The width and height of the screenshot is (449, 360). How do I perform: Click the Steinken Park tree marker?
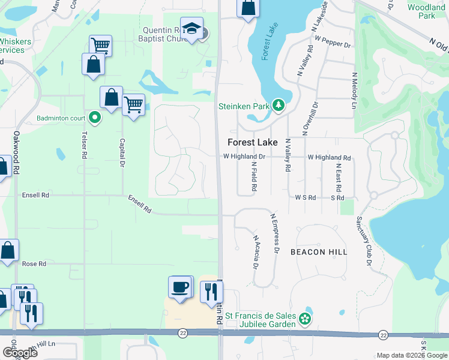coord(278,106)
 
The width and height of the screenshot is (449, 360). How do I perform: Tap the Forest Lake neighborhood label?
coord(253,142)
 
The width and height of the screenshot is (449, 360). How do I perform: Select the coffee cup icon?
coord(180,287)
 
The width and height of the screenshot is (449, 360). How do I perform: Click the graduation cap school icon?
coord(191,29)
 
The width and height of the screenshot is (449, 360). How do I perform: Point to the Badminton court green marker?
coord(94,118)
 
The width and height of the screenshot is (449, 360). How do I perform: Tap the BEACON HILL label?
coord(319,252)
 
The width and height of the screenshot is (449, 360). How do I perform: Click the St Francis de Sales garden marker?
coord(306,319)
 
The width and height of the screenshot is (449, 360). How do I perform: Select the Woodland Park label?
coord(426,11)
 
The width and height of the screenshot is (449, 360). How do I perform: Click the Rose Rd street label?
coord(34,264)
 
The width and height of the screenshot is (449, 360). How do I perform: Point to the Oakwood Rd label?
coord(17,154)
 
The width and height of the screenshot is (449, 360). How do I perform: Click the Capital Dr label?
coord(122,153)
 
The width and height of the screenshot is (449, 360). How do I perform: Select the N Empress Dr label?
coord(276,233)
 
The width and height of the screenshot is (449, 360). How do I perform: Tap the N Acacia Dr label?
coord(255,252)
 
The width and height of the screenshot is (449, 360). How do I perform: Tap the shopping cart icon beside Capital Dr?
coord(133,106)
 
